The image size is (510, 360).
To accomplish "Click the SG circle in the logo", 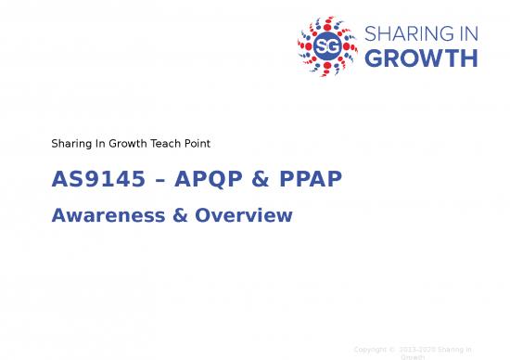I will [325, 45].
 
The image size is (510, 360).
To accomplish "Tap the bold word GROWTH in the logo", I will [422, 58].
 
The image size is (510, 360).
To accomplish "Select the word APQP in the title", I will [205, 179].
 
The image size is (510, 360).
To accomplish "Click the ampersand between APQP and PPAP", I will [255, 179].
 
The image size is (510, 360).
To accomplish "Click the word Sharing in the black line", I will [71, 144].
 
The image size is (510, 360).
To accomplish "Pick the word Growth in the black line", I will [125, 144].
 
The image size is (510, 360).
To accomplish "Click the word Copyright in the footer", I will [372, 349].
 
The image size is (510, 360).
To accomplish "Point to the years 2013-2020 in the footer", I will [417, 349].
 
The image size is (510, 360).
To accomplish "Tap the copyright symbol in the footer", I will [393, 349].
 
